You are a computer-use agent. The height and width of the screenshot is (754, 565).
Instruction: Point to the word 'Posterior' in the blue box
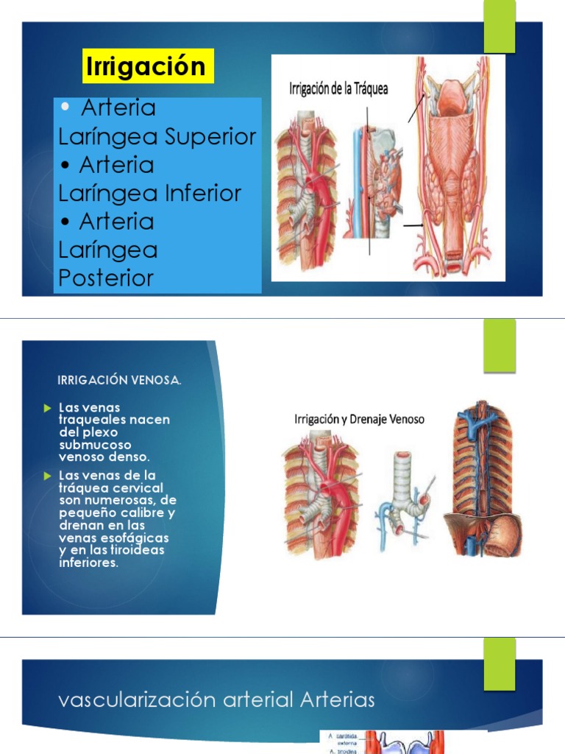106,278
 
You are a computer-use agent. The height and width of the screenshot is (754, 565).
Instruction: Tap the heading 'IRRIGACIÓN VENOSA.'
119,381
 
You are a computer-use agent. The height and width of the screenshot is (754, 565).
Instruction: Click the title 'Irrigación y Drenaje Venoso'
359,420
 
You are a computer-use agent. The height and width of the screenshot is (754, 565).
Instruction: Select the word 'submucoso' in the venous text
94,445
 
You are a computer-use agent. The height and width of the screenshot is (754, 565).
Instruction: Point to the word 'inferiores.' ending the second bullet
88,563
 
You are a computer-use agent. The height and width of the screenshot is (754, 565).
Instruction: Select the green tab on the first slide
500,26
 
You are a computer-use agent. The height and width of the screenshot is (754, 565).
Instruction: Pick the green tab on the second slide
500,345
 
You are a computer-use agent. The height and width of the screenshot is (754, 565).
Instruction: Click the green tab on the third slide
500,664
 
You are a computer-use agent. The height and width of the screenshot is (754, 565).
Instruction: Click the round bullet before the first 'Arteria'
67,108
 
